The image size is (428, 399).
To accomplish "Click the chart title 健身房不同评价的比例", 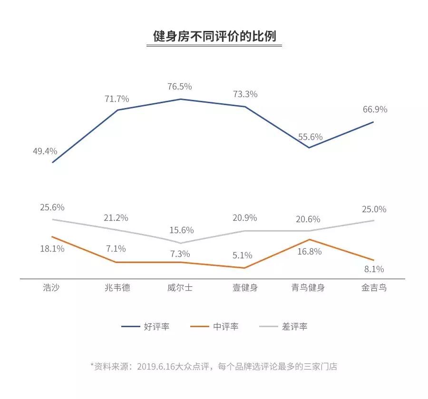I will point(214,36).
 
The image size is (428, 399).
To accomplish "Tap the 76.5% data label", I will point(180,87).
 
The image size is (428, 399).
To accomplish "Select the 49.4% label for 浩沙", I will point(45,151).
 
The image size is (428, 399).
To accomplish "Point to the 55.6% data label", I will point(311,136).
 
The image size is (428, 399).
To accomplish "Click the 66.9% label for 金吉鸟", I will point(375,109).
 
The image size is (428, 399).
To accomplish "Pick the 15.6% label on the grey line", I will point(181,230).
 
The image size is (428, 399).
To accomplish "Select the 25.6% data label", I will point(52,207).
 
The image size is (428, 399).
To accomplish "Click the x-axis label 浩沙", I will point(51,288).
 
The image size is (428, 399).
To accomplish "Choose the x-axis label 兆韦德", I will point(117,288).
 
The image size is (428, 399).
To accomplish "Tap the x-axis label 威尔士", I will point(180,288).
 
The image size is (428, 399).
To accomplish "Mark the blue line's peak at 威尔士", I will point(180,99).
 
